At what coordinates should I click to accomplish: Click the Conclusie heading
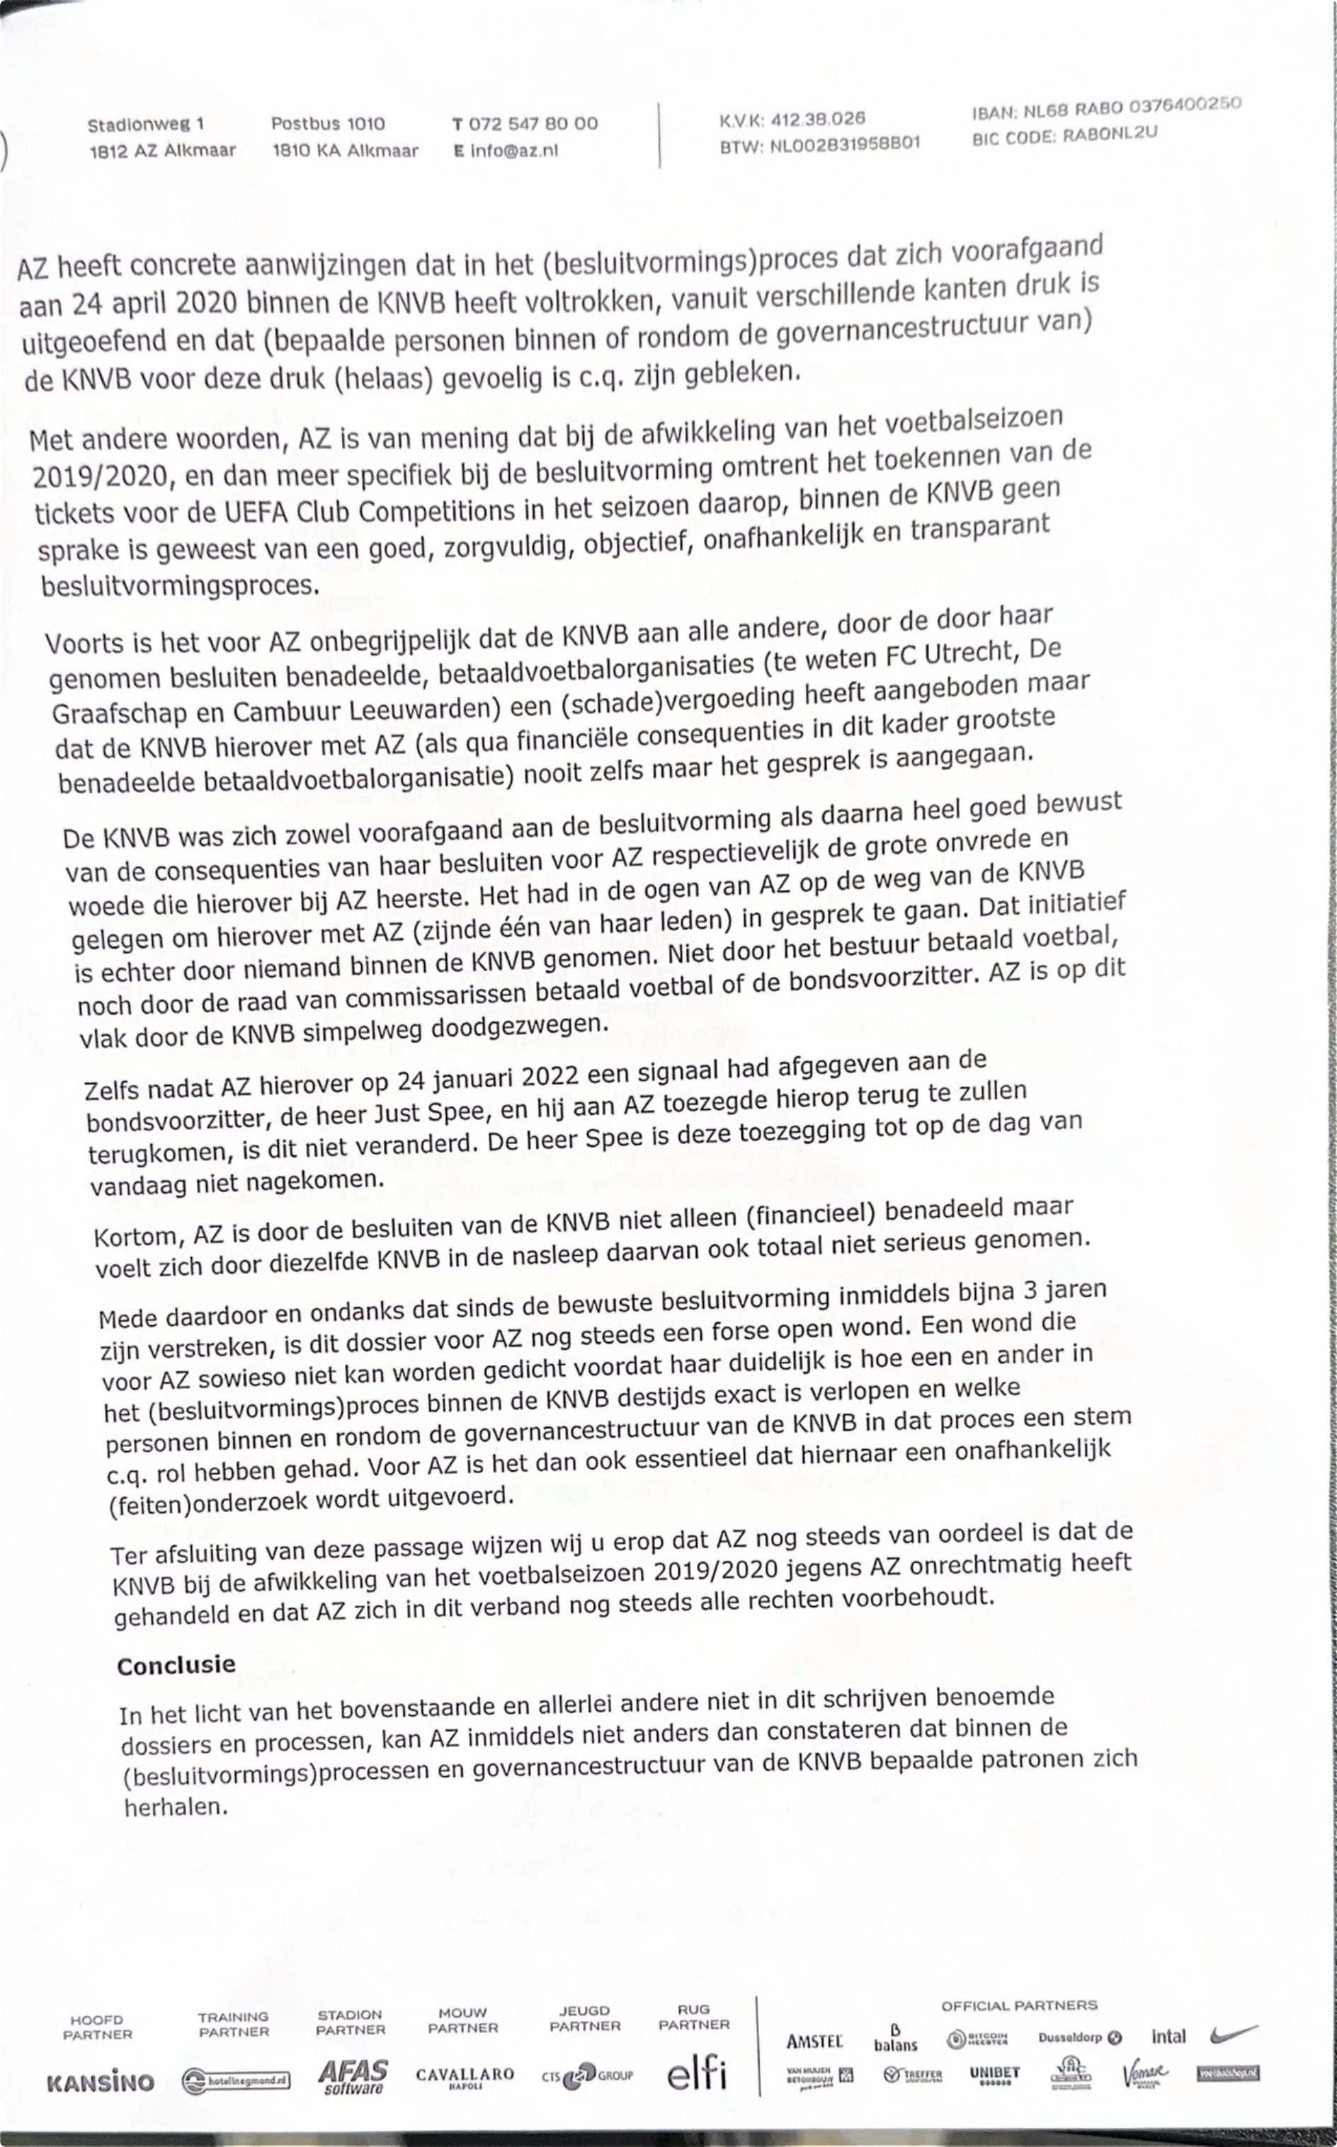[176, 1665]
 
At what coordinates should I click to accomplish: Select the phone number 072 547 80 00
[533, 124]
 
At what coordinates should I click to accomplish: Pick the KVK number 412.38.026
[818, 118]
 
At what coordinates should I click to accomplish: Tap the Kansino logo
[100, 2083]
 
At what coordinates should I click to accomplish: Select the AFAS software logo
[352, 2077]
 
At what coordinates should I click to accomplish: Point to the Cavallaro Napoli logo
[465, 2076]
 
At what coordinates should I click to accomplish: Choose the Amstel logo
[814, 2041]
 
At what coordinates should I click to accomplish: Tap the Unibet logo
[994, 2073]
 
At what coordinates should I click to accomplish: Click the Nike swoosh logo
[1234, 2034]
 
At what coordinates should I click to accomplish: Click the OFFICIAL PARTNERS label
[1018, 2006]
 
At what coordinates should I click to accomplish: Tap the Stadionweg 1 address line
[146, 125]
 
